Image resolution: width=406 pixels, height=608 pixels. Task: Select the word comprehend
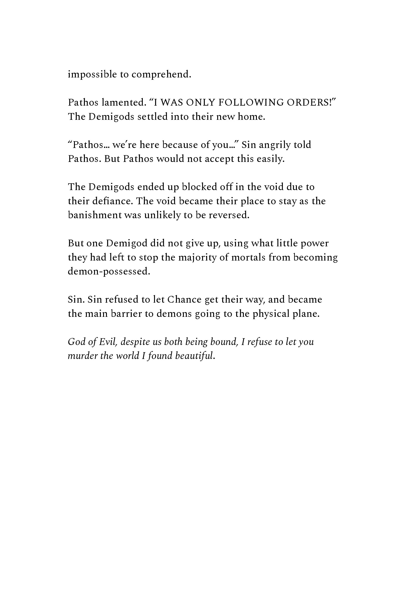pyautogui.click(x=161, y=75)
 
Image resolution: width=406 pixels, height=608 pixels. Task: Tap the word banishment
pyautogui.click(x=95, y=215)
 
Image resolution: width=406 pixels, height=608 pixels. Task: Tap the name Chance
pyautogui.click(x=184, y=299)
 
